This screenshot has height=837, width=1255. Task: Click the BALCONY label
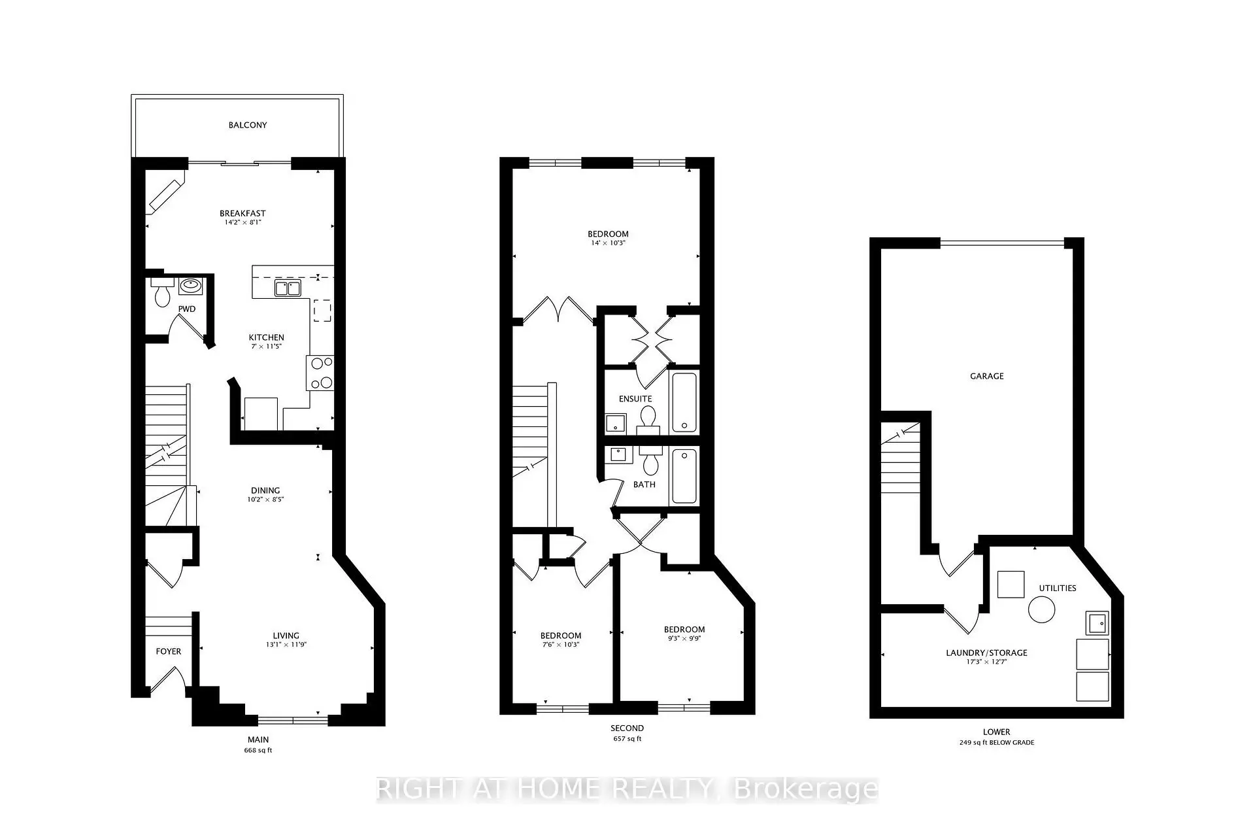click(248, 125)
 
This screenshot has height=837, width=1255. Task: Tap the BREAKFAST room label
click(243, 213)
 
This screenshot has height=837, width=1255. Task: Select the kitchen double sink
click(287, 288)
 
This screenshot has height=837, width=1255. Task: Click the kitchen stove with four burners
click(320, 373)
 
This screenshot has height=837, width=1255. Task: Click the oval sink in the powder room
click(191, 285)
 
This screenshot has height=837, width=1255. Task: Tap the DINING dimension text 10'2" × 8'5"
click(265, 500)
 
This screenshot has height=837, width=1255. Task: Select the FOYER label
click(168, 651)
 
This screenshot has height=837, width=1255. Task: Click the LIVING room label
click(286, 636)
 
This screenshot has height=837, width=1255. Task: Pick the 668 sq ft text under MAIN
click(258, 750)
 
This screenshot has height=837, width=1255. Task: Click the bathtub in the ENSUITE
click(684, 402)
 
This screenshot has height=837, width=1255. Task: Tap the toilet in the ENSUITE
click(648, 419)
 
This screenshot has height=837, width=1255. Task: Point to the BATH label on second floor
click(644, 485)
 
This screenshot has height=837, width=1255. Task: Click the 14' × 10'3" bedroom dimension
click(608, 243)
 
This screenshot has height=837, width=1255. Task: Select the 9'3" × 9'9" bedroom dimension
click(684, 639)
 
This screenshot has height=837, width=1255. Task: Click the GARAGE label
click(987, 376)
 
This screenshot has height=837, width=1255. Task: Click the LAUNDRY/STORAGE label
click(987, 653)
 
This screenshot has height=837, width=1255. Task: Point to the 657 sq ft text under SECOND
click(627, 739)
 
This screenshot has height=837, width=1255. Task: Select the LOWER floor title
click(996, 732)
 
